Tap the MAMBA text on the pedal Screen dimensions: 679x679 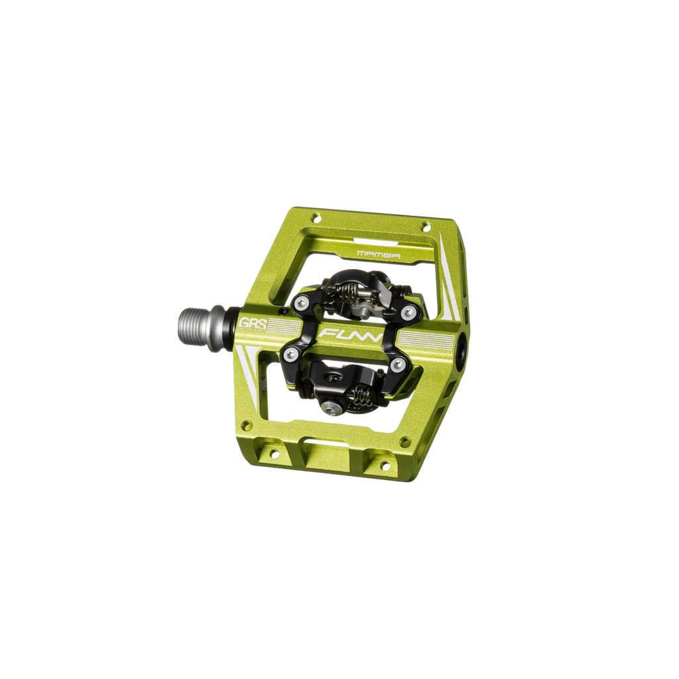371,253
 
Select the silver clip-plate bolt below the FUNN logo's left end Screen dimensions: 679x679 289,355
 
